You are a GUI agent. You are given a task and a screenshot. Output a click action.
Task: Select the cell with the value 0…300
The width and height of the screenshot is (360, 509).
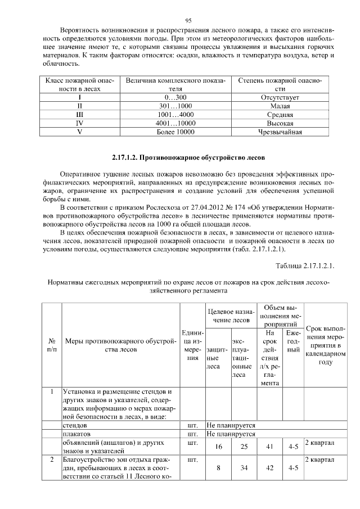[x=176, y=97]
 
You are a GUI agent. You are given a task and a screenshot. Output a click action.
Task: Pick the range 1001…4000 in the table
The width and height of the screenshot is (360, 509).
[x=176, y=114]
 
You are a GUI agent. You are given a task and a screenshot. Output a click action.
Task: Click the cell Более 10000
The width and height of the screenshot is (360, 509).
[x=176, y=132]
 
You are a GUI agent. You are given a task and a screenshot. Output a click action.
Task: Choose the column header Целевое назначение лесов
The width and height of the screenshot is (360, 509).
[x=231, y=316]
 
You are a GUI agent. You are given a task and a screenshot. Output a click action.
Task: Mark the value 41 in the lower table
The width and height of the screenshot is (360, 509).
[x=269, y=446]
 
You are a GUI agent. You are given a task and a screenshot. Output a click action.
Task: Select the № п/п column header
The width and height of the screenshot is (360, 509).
[x=52, y=345]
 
